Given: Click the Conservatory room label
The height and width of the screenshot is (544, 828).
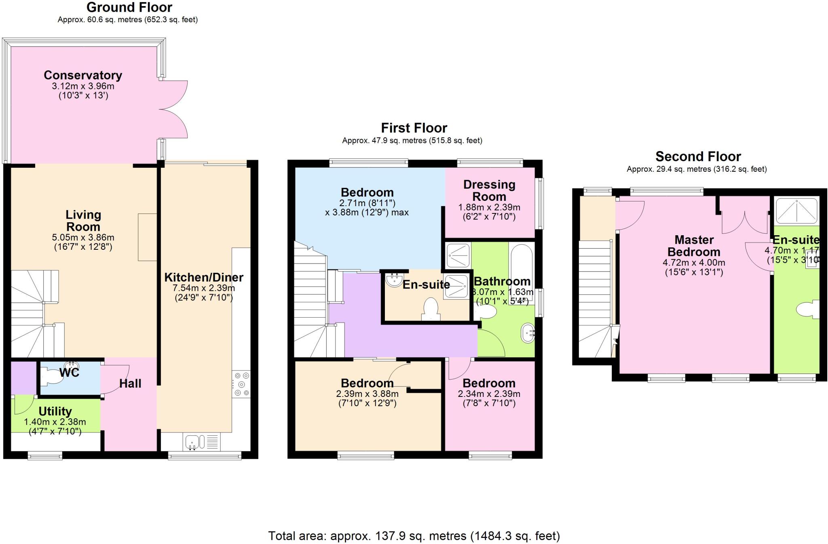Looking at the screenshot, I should pos(83,75).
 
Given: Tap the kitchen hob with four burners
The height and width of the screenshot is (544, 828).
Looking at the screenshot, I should pos(241,384).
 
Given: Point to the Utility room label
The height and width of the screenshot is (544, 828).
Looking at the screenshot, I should pos(55,411).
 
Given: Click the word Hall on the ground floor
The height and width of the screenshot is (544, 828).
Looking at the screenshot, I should pos(130,384).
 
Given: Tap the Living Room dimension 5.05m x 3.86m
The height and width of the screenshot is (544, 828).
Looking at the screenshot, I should pos(83,238).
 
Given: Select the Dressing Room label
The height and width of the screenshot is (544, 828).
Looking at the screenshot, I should pos(489,190).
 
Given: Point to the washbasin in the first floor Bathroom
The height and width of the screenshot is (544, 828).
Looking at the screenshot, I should pos(528,333).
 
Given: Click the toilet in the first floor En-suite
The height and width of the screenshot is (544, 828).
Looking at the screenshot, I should pos(431,309).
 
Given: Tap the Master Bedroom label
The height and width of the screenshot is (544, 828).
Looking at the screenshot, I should pos(694,246).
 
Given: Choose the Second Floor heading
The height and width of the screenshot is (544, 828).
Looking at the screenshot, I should pos(698,156).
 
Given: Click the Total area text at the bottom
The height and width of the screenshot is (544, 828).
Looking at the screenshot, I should pos(414,536).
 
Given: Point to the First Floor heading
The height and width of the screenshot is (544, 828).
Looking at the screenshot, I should pos(414,128).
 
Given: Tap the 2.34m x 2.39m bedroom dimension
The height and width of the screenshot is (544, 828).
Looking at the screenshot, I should pos(489,394).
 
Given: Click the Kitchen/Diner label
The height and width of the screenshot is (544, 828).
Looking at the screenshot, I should pos(204,278).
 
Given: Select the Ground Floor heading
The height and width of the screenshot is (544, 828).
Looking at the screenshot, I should pos(129,7).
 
